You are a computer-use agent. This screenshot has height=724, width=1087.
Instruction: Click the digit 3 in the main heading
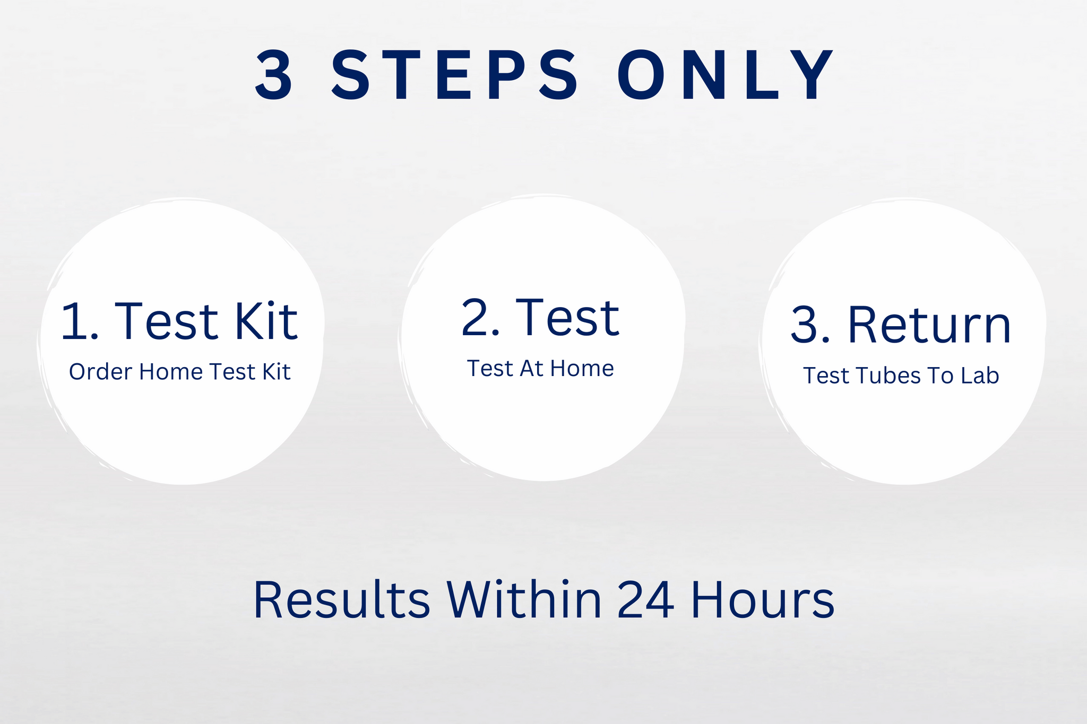(274, 75)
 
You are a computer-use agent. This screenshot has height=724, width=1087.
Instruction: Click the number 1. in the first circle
(80, 321)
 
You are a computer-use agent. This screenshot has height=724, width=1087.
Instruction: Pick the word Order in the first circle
(100, 372)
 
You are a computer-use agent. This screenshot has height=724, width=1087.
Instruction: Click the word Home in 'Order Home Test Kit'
(171, 372)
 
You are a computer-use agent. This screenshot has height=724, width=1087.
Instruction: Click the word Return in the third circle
(929, 325)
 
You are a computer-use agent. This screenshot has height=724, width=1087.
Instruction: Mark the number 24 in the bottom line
(645, 600)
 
